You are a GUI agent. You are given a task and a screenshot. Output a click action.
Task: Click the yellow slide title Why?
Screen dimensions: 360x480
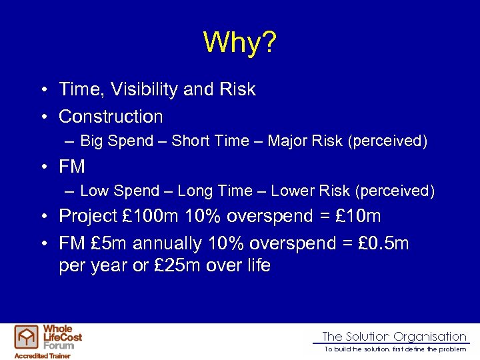239,42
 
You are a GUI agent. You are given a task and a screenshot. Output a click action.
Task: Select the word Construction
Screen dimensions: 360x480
111,117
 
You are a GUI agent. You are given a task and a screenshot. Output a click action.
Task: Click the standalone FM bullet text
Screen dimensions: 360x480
72,166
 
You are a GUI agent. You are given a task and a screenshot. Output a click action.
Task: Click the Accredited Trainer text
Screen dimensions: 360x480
41,355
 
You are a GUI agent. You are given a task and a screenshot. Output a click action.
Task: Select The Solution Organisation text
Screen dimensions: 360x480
394,337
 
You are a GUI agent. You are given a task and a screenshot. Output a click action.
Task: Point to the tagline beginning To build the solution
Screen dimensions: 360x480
395,349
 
